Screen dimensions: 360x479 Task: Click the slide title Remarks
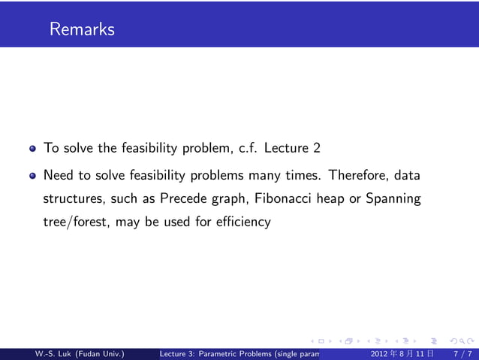pos(82,30)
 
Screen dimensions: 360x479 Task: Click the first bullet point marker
pos(32,148)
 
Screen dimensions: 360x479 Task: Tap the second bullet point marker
pos(32,177)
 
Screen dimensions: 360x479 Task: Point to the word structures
pos(73,199)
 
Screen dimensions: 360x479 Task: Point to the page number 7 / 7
pos(462,353)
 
